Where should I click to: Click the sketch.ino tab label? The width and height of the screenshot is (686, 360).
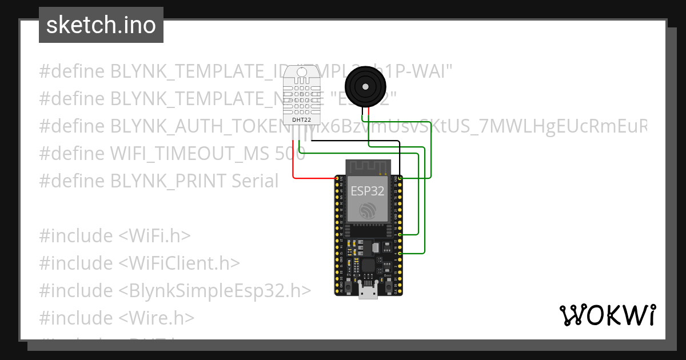point(101,25)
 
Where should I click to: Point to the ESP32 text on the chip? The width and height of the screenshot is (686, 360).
point(368,191)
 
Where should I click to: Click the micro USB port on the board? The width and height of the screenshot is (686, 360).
point(368,291)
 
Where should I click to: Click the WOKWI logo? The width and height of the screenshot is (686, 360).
point(607,315)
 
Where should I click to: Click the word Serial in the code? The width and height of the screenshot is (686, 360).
point(255,181)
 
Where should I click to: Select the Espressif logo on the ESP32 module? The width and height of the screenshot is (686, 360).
point(368,212)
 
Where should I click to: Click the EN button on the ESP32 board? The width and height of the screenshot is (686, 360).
point(349,283)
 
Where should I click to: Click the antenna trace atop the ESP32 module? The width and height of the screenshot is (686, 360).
point(368,167)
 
